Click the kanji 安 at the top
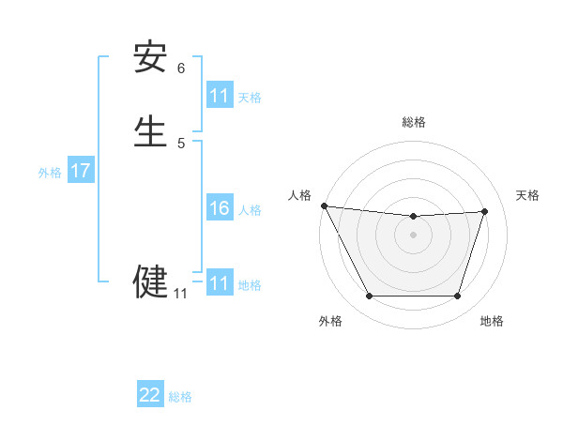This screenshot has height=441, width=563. point(150,58)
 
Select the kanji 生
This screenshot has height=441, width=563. point(150,131)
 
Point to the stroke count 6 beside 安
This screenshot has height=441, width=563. point(181,68)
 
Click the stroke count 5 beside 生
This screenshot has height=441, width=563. point(181,143)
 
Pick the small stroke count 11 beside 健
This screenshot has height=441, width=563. point(180,294)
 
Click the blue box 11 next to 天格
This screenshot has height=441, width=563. point(220,96)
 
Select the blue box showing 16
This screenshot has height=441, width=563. point(220,208)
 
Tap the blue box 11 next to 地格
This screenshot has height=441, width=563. point(220,283)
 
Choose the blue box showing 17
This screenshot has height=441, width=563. point(81,171)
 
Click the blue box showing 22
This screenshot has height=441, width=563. point(150,395)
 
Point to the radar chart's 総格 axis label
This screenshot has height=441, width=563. point(414,122)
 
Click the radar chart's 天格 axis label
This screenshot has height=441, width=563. point(527,195)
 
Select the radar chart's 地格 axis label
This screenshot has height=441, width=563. point(492,321)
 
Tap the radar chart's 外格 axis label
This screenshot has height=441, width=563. point(330,321)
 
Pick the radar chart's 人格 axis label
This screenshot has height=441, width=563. point(299,195)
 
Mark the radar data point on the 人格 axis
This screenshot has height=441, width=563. point(324,205)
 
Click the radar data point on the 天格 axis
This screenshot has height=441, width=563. point(485,211)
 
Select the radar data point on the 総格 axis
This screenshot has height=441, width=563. point(414,217)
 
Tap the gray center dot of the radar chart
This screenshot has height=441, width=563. point(414,235)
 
